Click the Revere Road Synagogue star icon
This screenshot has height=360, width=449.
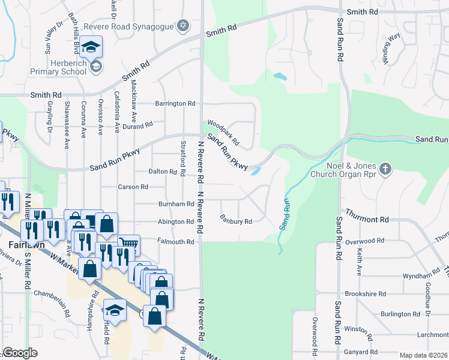click(x=183, y=26)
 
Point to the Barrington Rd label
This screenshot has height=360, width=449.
click(x=175, y=104)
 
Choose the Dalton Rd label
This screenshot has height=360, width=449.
click(x=163, y=172)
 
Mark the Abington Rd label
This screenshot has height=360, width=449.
click(x=175, y=222)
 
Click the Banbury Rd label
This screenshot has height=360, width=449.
click(x=235, y=220)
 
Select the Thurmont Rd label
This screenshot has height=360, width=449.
click(x=367, y=220)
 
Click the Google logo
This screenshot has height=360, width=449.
click(x=20, y=353)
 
